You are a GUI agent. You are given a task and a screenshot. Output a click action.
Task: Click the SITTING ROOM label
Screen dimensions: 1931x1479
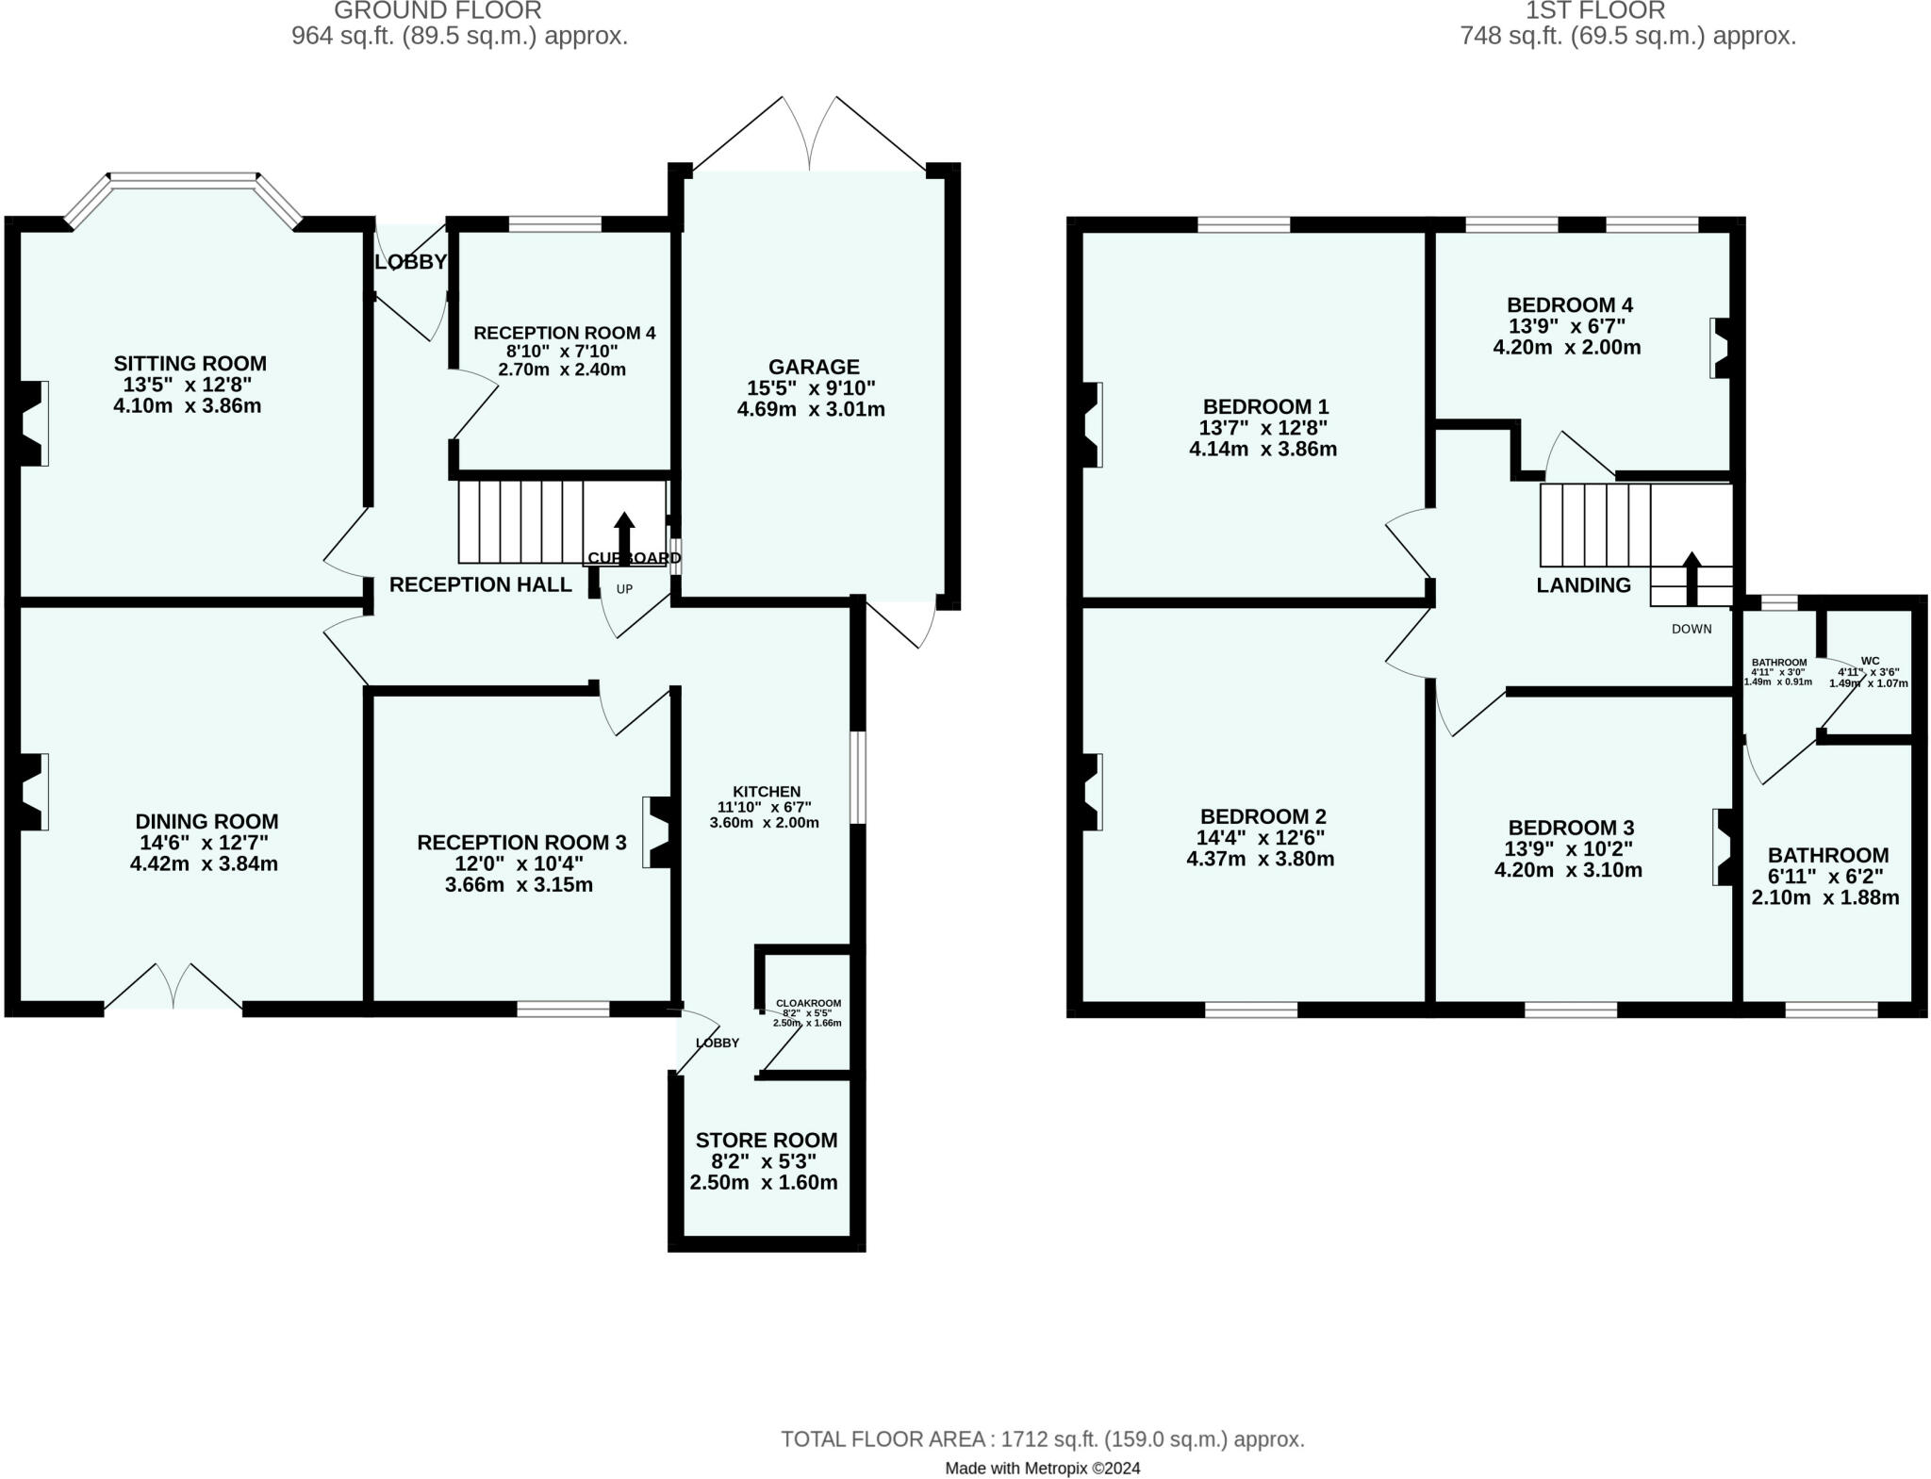[190, 364]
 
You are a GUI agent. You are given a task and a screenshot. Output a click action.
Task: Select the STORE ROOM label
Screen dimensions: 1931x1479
[766, 1141]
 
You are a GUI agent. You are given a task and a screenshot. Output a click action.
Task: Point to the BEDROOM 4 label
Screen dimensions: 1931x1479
[1570, 305]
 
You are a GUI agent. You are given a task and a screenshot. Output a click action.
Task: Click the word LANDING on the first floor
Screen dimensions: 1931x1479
[1584, 585]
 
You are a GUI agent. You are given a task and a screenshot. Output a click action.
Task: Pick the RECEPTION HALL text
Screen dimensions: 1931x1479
[481, 584]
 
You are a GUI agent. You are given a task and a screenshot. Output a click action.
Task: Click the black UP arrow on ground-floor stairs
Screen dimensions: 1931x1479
[624, 538]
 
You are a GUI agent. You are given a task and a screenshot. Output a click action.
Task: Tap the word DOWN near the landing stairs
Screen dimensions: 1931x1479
[1692, 629]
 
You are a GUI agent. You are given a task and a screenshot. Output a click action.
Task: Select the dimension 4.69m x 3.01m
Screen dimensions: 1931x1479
[811, 409]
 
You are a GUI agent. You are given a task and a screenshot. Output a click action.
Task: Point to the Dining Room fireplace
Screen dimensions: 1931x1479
[29, 792]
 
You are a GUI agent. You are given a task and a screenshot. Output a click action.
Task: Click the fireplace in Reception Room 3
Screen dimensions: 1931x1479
[658, 832]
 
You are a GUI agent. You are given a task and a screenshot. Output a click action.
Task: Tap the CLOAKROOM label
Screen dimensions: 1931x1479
[808, 1004]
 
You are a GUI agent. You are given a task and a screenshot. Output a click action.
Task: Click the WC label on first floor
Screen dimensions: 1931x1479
[1871, 661]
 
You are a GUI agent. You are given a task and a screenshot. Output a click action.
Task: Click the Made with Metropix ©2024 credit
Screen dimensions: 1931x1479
[1043, 1468]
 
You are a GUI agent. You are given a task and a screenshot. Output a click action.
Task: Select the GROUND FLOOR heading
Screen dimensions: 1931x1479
[437, 10]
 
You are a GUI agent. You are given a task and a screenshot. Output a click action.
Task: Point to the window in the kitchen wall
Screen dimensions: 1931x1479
[857, 778]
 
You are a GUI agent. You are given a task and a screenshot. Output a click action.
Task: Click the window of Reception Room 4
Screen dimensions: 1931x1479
[554, 224]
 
